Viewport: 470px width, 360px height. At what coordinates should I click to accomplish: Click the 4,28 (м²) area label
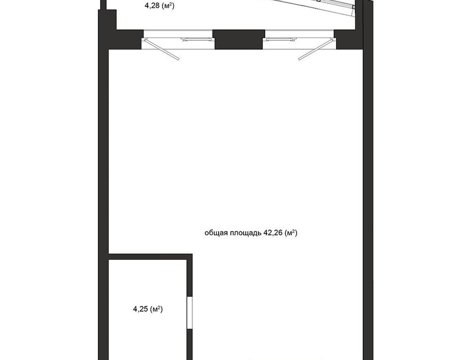159,6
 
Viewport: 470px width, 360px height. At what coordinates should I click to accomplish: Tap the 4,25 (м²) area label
148,309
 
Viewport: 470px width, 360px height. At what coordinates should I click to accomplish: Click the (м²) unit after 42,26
291,233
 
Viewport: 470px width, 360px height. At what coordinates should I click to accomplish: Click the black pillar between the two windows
239,39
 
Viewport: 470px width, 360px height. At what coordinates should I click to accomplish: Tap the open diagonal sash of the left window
161,50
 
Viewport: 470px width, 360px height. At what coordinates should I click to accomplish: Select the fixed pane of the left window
196,39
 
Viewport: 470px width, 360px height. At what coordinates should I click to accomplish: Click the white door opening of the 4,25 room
190,312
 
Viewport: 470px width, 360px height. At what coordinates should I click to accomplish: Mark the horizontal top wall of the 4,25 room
150,257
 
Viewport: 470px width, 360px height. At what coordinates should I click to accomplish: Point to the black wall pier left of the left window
128,39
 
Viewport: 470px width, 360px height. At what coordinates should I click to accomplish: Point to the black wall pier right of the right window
349,39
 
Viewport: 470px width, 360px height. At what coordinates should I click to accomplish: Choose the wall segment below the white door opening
190,344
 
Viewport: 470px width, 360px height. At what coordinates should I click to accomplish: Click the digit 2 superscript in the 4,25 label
159,307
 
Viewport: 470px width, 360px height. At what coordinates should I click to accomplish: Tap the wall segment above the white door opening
190,278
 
